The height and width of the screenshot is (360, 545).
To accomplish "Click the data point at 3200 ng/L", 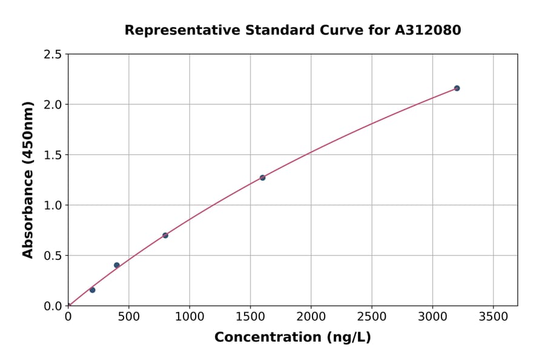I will coord(457,88).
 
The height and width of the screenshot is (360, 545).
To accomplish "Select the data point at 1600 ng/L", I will coord(262,178).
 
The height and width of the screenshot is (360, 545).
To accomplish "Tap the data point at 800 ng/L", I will coord(165,235).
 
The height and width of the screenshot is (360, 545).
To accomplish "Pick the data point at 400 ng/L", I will coord(117,265).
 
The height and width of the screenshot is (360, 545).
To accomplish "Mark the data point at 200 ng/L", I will coord(93,290).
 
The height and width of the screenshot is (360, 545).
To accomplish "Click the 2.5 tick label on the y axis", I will coord(53,55).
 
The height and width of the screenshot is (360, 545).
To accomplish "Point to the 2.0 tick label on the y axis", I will coord(53,105).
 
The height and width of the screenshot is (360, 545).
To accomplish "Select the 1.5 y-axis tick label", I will coord(53,155).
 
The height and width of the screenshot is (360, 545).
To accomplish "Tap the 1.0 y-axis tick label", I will coord(53,205).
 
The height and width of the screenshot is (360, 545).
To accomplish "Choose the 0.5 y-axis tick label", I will coord(53,256).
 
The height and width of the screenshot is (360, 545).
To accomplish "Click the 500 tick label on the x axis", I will coord(128,316).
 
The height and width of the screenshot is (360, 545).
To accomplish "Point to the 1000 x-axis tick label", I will coord(190,316).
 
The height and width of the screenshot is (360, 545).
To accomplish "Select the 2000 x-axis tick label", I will coord(311,316).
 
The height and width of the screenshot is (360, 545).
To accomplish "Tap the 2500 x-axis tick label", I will coord(372,316).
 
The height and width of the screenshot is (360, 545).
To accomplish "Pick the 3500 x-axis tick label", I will coord(493,316).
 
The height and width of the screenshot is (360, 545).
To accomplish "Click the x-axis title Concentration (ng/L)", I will coord(292,338).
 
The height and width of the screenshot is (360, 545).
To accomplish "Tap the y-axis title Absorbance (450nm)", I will coord(28,179).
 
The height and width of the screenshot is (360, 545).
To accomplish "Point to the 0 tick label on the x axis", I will coord(68,316).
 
